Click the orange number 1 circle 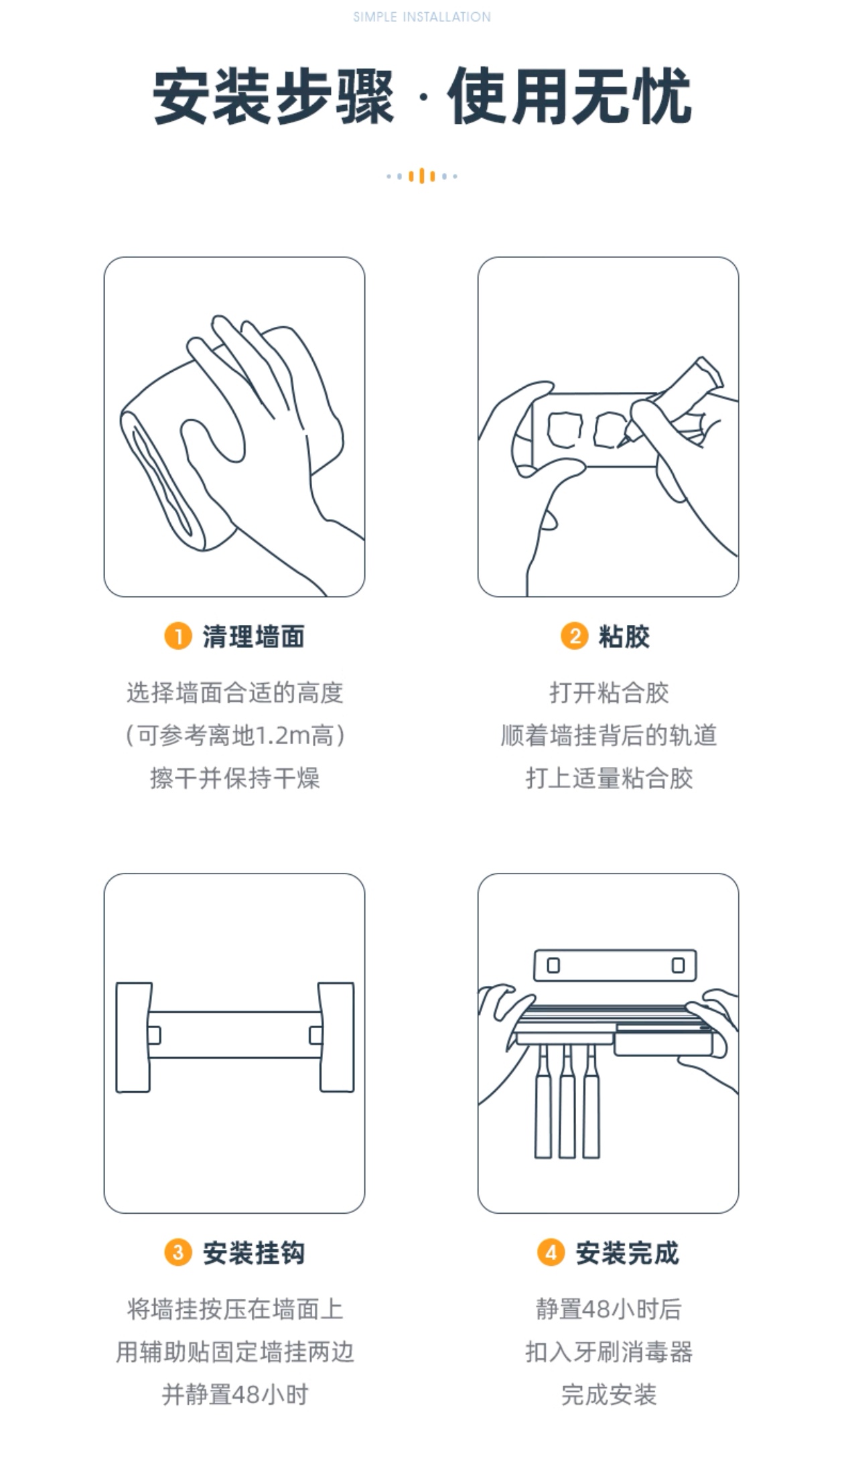point(178,636)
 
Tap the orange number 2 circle point(574,636)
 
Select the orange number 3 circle point(178,1252)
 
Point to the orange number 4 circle point(551,1252)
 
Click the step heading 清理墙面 point(254,636)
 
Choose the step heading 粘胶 point(624,636)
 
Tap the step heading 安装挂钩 point(254,1253)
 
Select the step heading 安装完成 point(627,1253)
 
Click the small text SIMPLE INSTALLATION point(422,17)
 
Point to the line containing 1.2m point(235,735)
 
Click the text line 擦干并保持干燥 point(235,778)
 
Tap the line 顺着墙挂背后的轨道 point(609,735)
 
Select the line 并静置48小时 point(235,1395)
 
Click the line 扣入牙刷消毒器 point(609,1352)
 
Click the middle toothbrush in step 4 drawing point(567,1102)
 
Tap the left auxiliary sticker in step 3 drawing point(133,1037)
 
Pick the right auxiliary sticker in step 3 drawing point(336,1037)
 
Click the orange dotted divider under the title point(422,176)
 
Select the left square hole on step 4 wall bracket point(553,965)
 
